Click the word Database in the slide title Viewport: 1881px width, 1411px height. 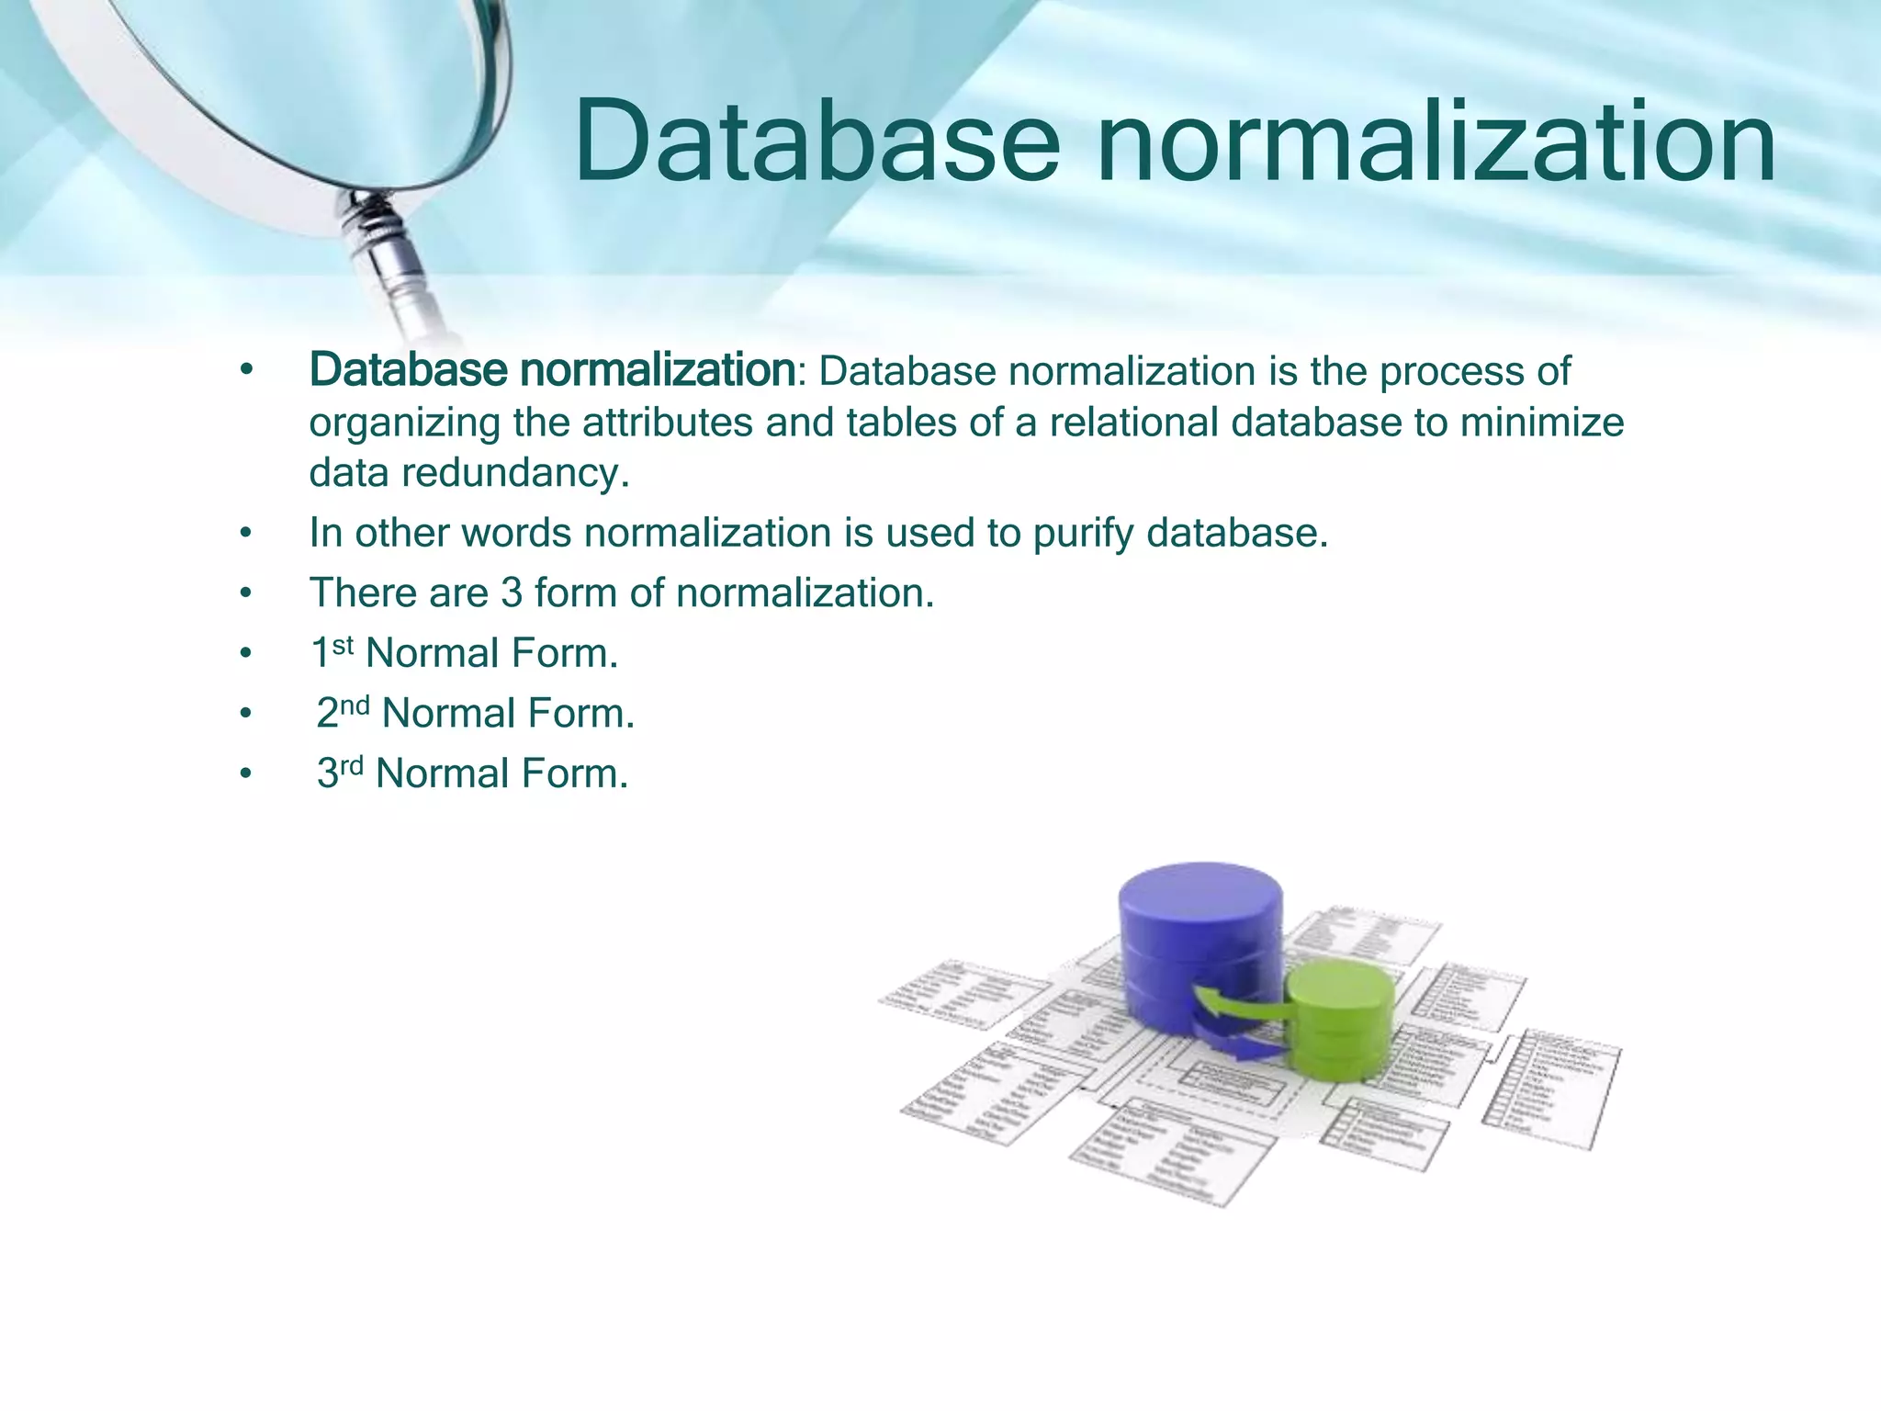(x=817, y=142)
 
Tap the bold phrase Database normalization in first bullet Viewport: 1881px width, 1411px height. (x=552, y=370)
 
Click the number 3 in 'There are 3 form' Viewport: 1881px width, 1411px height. (x=512, y=593)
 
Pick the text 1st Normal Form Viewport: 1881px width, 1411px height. (x=465, y=653)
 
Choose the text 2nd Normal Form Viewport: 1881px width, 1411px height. (x=475, y=714)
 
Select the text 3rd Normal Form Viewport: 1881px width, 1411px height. (x=472, y=773)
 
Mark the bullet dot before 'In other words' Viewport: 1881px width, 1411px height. (x=245, y=534)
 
